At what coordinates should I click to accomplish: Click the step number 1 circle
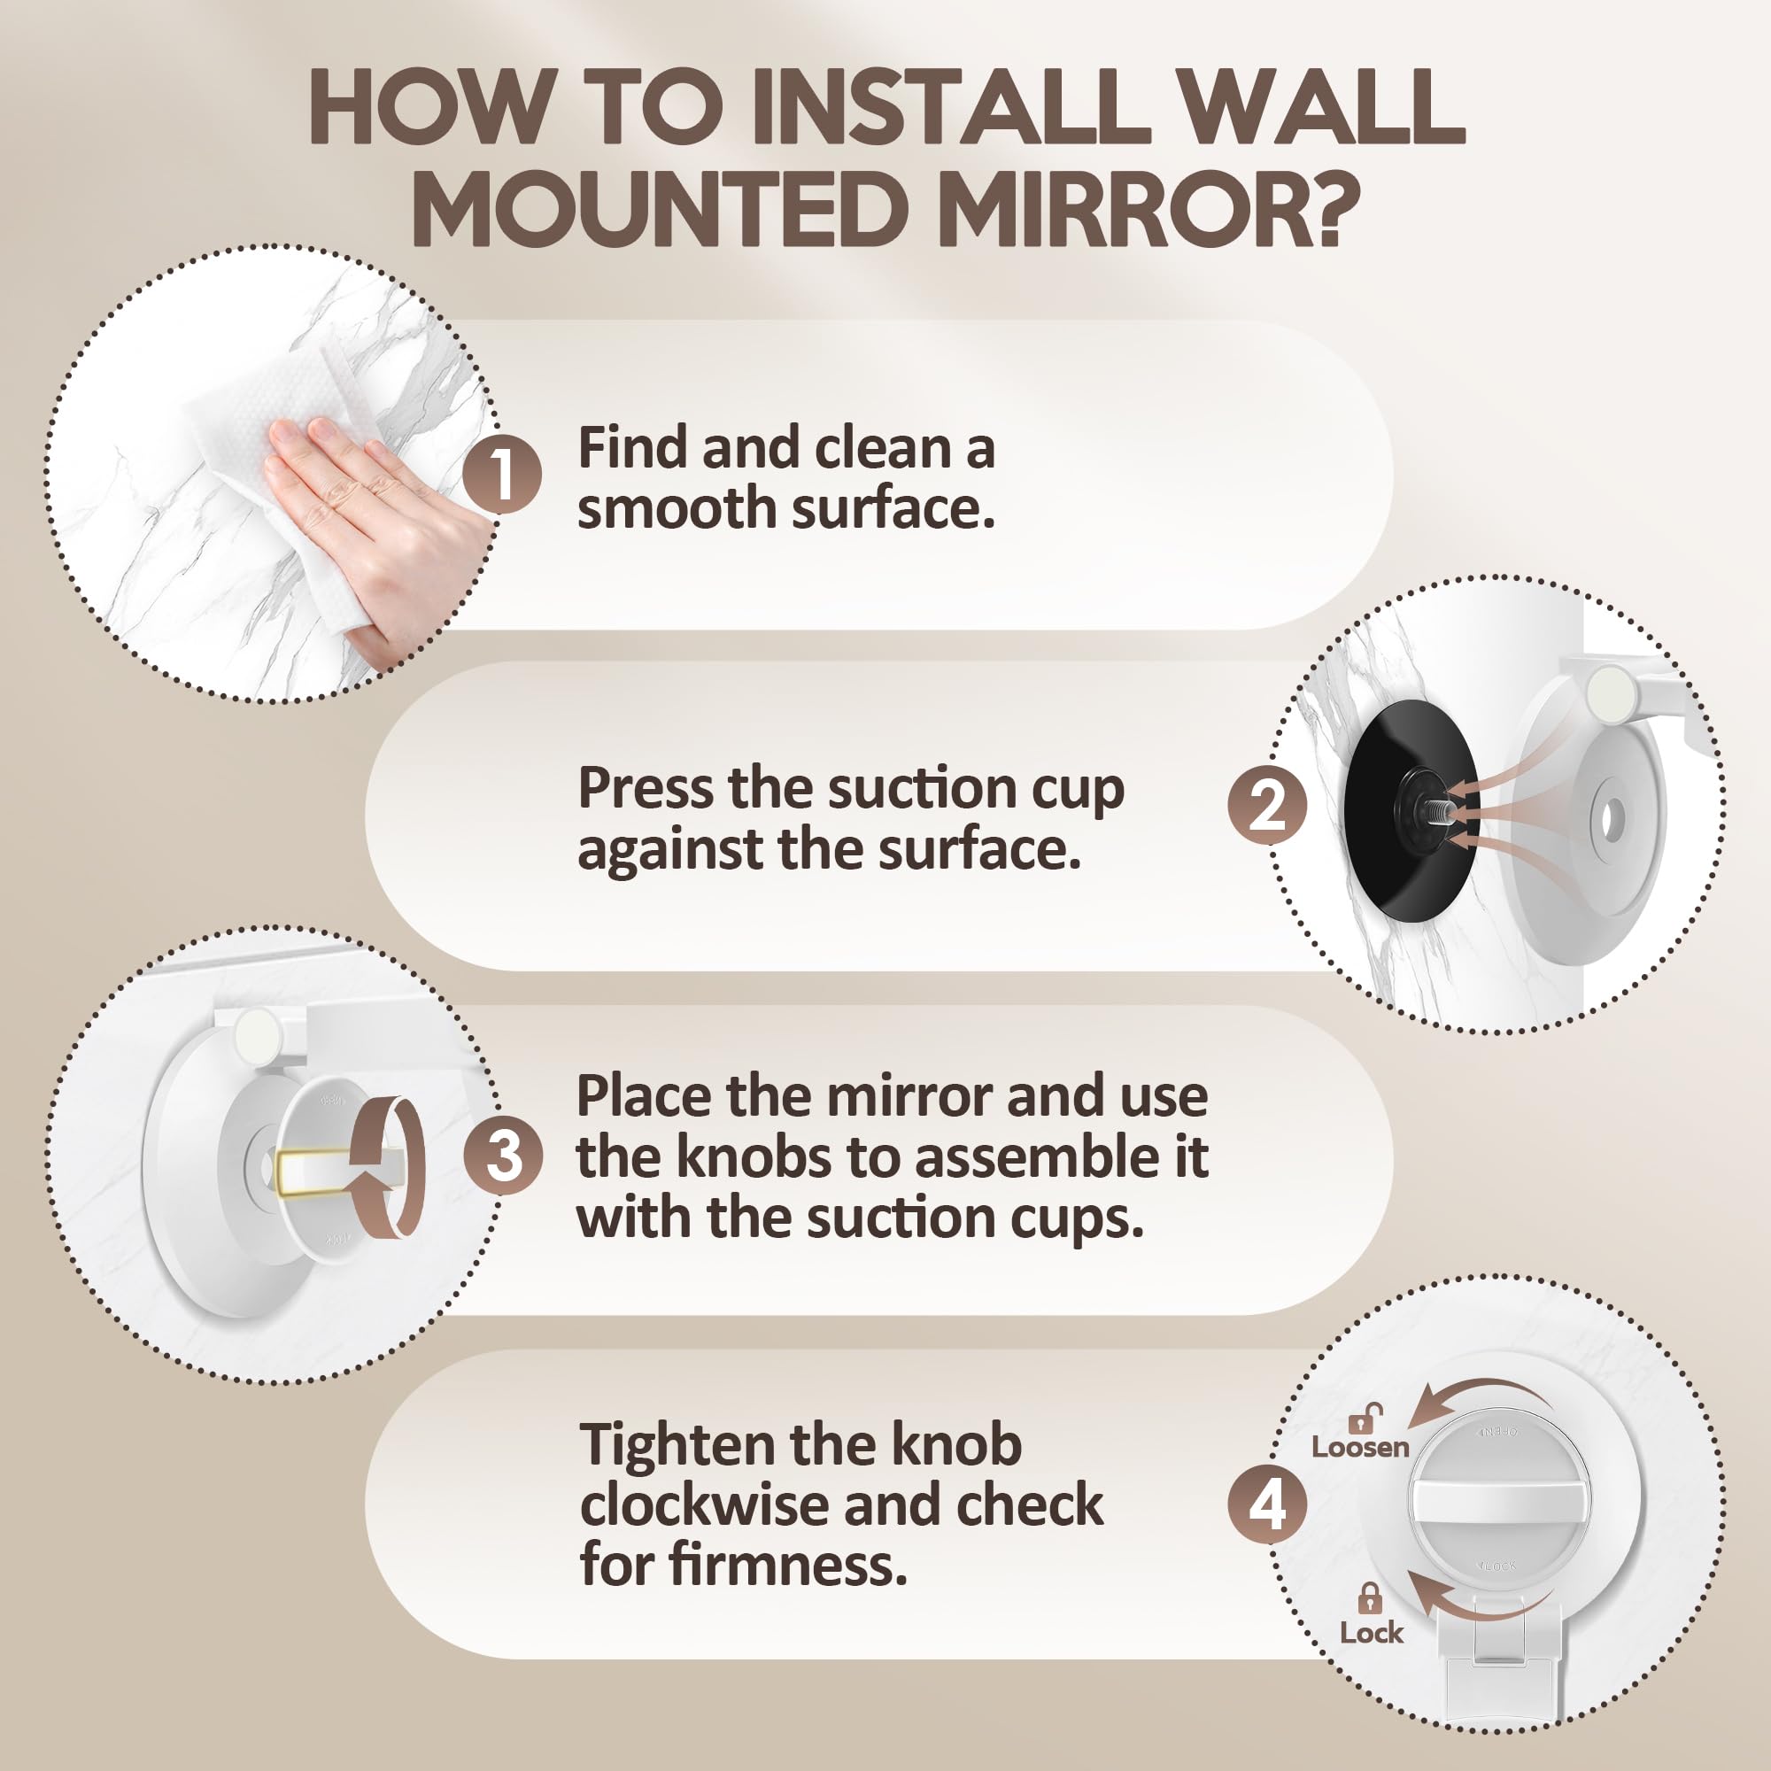click(x=500, y=475)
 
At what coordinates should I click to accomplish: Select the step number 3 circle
click(x=503, y=1154)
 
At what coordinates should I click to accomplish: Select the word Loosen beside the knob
click(x=1359, y=1448)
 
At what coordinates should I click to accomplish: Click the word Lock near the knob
click(x=1371, y=1633)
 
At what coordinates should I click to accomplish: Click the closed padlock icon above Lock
click(x=1370, y=1599)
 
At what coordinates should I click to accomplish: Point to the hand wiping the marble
click(x=367, y=514)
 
